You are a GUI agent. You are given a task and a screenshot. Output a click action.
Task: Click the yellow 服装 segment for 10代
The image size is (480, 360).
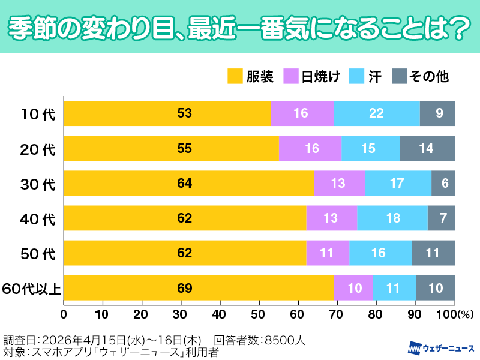click(x=167, y=113)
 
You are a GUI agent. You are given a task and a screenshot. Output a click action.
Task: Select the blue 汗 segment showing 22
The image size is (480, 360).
click(x=376, y=113)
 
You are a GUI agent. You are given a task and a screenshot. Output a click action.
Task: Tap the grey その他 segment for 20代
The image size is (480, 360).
click(x=427, y=148)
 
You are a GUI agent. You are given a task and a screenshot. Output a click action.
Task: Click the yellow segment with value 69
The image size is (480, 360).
click(x=199, y=288)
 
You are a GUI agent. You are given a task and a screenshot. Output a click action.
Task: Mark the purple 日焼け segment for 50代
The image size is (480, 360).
click(x=328, y=253)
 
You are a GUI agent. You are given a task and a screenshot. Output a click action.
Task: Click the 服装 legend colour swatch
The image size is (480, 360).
click(x=235, y=76)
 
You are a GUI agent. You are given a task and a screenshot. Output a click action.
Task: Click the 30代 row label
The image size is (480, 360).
click(x=37, y=184)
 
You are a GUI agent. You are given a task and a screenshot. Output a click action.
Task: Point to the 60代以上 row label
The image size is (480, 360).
click(x=31, y=289)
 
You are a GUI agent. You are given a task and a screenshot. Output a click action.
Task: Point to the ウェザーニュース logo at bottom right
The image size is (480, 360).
click(x=441, y=348)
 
